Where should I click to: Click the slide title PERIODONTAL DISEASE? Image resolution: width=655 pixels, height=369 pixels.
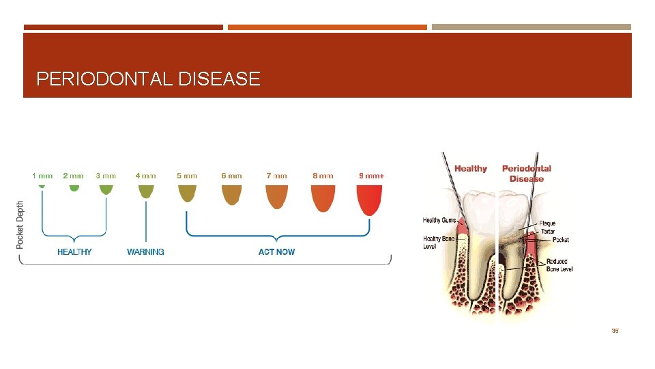point(148,79)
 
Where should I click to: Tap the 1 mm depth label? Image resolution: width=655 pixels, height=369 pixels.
point(42,176)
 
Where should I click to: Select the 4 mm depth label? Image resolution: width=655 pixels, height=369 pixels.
point(145,176)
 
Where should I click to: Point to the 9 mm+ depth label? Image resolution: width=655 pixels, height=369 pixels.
point(371,176)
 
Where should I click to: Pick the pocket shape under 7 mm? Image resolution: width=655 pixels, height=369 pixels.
point(277,197)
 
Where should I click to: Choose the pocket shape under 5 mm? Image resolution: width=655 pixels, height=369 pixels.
point(187,194)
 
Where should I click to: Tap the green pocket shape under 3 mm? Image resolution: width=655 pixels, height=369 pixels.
point(106,189)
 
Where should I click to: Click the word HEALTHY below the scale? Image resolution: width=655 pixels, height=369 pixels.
point(74,252)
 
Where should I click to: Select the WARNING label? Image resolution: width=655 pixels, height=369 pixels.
point(145,252)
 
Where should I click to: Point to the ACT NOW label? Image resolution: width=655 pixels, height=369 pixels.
point(276,252)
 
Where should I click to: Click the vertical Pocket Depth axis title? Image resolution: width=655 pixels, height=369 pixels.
point(20,224)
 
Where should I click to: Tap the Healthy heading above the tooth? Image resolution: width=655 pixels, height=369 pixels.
point(471,169)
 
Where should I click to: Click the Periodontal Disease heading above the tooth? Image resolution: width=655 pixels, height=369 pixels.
point(526,174)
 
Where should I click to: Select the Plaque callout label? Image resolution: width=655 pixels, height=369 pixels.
point(547,223)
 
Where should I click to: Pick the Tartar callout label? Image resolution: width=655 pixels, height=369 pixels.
point(547,232)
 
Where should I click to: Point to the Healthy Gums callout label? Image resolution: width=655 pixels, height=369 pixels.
point(440,220)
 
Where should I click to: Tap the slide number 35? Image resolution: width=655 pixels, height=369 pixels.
point(615,331)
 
